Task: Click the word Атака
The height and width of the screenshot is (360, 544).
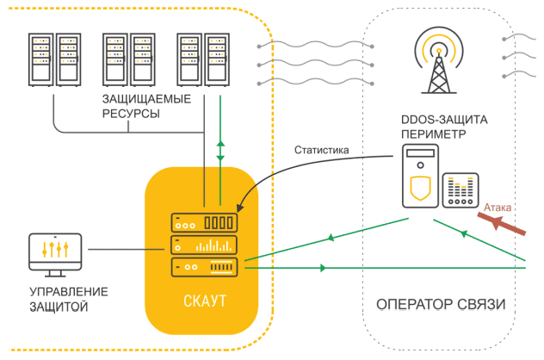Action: (x=500, y=208)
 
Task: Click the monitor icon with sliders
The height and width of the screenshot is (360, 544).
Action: (x=54, y=251)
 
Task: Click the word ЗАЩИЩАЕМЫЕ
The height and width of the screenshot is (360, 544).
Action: (x=146, y=101)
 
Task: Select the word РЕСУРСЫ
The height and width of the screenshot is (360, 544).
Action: (x=131, y=114)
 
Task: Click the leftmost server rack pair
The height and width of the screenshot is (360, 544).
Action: (x=53, y=60)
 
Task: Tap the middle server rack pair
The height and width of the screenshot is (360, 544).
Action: (x=127, y=60)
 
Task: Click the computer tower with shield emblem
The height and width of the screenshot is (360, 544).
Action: (x=420, y=177)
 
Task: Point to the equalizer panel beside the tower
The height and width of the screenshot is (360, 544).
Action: (x=461, y=190)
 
